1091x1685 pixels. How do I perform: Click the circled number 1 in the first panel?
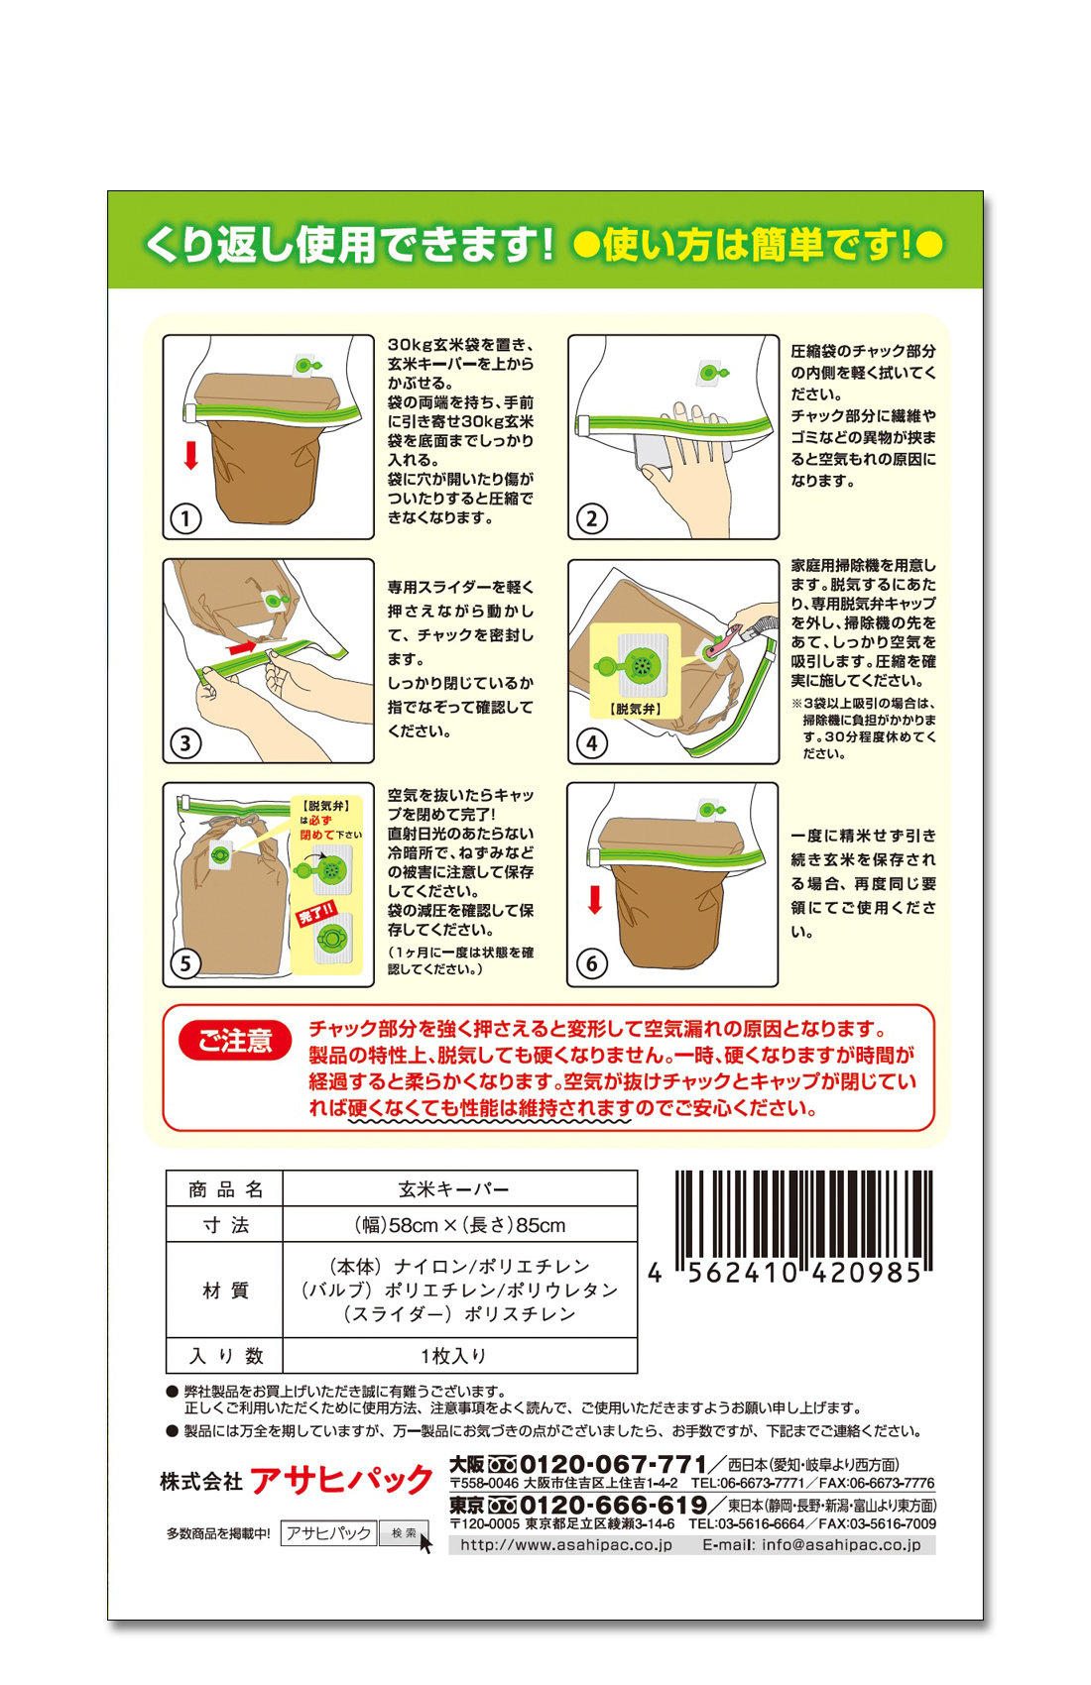click(185, 519)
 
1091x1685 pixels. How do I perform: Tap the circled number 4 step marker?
click(592, 743)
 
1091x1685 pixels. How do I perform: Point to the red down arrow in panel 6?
click(595, 900)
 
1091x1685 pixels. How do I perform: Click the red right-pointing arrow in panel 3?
click(242, 647)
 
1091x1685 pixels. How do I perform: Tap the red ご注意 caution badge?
click(235, 1041)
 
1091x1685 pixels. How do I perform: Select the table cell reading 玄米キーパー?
click(453, 1189)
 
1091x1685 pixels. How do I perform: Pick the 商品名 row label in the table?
click(225, 1189)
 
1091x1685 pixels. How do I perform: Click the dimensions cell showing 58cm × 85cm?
click(460, 1225)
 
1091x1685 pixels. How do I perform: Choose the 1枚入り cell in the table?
click(453, 1356)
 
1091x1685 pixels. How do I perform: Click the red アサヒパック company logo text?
click(342, 1481)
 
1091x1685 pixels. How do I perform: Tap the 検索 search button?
click(404, 1533)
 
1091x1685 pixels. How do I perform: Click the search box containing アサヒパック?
click(329, 1533)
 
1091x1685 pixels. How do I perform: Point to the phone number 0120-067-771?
click(613, 1464)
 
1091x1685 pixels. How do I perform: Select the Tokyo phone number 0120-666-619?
click(613, 1505)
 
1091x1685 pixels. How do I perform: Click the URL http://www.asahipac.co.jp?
click(566, 1545)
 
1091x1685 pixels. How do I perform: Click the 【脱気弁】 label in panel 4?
click(636, 709)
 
